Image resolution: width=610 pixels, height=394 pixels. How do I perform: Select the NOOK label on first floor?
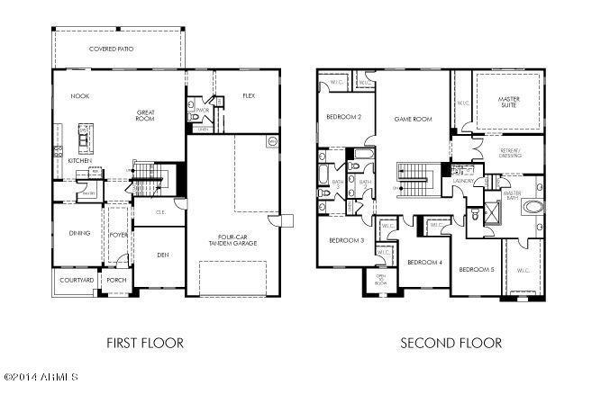click(81, 95)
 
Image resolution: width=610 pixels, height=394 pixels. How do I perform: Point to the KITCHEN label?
click(80, 161)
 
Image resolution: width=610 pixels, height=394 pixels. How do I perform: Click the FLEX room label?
click(250, 95)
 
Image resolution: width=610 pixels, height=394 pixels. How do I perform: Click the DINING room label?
click(80, 234)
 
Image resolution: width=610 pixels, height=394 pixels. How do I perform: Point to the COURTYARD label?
click(77, 280)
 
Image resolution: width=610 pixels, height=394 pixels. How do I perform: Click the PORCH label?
click(118, 280)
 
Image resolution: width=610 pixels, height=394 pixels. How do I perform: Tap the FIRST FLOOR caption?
click(145, 343)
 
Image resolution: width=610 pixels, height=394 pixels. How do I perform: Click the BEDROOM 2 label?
click(343, 117)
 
